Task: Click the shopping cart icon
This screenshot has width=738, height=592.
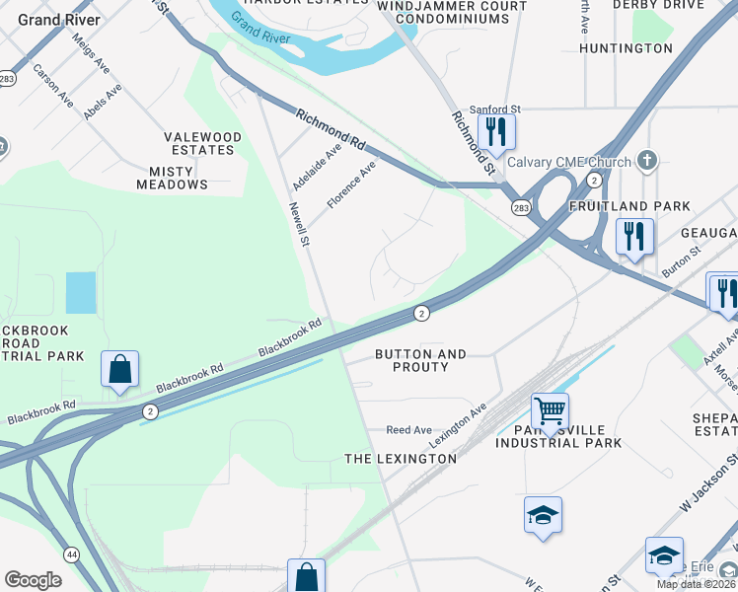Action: point(550,408)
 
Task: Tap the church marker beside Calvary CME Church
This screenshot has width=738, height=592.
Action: point(647,160)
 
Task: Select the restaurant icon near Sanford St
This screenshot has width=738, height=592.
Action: point(495,130)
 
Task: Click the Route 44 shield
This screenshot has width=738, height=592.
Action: point(71,555)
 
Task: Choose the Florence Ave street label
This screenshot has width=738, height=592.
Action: point(352,185)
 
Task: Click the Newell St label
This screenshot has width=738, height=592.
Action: point(299,225)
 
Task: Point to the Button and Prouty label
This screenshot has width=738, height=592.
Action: point(420,360)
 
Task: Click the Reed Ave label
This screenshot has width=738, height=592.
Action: point(409,430)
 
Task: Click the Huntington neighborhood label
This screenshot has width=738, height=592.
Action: point(626,47)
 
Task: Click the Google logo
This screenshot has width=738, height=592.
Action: point(33,579)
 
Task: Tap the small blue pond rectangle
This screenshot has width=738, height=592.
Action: point(81,292)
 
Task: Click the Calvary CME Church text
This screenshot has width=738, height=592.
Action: point(570,162)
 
